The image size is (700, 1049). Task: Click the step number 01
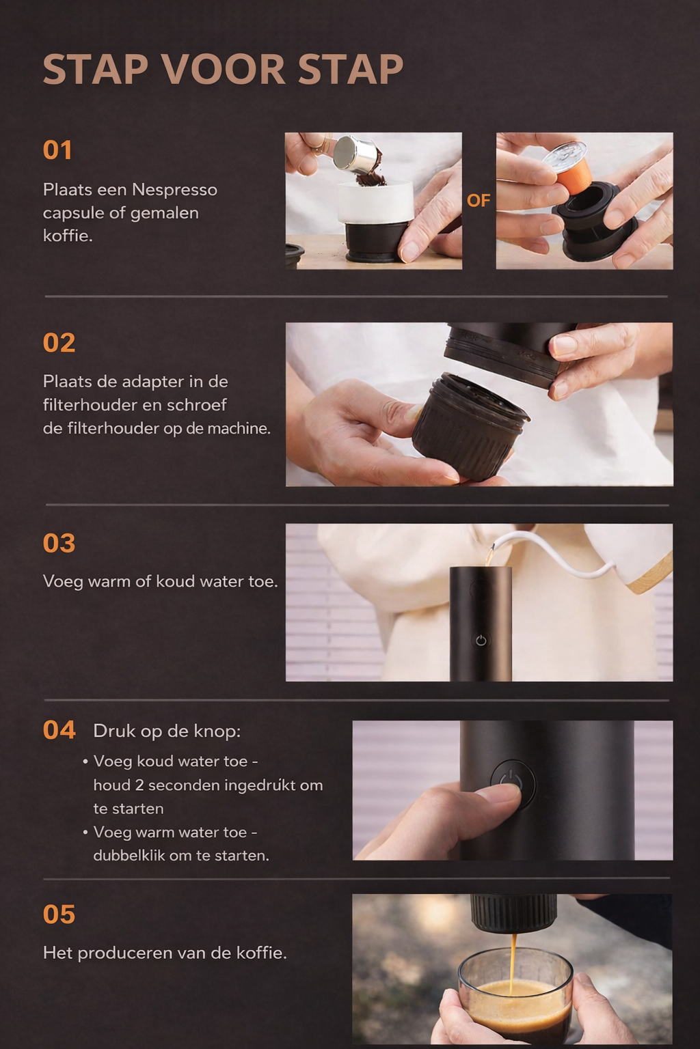(x=57, y=150)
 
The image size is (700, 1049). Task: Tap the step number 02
(x=59, y=342)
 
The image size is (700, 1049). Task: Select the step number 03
(x=59, y=543)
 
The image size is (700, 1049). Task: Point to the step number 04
(x=59, y=729)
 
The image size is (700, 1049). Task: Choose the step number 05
(x=59, y=914)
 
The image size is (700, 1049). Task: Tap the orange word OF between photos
(x=479, y=200)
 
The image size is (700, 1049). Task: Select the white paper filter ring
(x=375, y=201)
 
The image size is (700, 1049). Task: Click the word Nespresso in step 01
(x=174, y=190)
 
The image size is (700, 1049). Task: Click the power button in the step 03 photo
(x=481, y=640)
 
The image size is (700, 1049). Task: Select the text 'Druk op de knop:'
(x=167, y=731)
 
